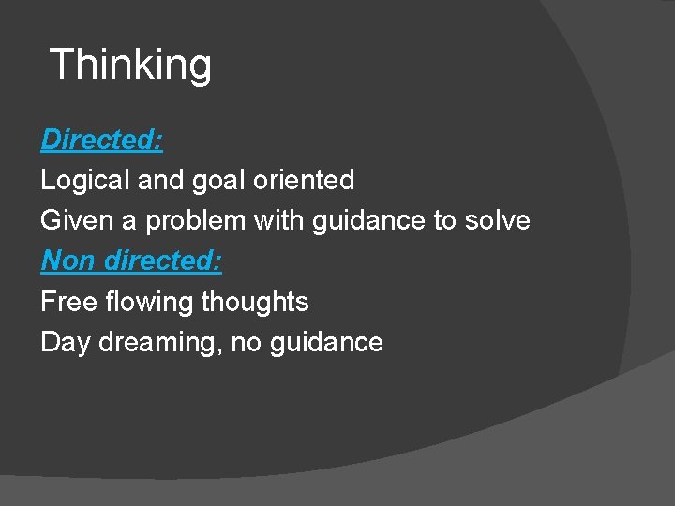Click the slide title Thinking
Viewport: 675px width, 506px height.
tap(130, 66)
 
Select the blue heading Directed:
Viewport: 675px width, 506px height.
tap(102, 141)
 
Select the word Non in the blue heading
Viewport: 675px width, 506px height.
tap(67, 260)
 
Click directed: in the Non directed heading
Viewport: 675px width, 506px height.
tap(163, 260)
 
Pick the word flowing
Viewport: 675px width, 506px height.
tap(138, 303)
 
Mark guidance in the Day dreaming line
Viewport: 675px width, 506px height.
tap(326, 343)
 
